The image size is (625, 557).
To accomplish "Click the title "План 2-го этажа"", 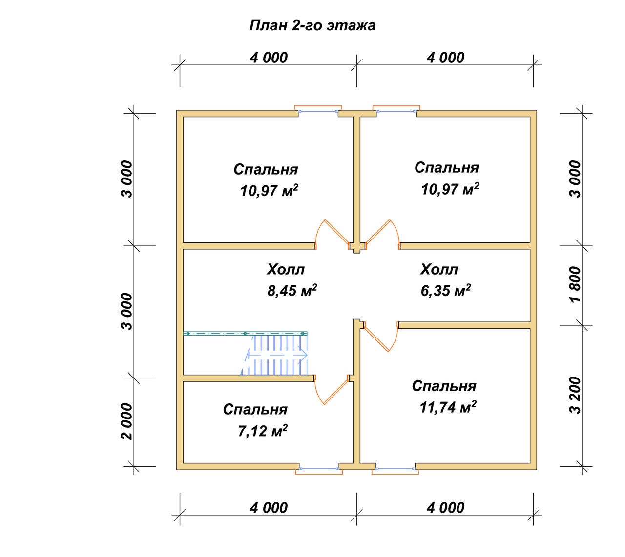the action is (312, 25).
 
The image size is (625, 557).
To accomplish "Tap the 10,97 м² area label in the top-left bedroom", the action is (269, 190).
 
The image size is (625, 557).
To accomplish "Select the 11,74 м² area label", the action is (448, 407).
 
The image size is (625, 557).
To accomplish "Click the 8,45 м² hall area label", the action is (292, 290).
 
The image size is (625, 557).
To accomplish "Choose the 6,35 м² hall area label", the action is (445, 290).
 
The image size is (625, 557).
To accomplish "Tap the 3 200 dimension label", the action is (575, 395).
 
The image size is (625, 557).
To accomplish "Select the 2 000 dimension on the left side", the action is (127, 421).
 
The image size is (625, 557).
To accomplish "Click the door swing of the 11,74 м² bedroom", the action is (381, 336).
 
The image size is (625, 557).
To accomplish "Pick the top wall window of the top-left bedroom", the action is (318, 111).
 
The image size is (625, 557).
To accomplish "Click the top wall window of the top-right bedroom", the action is (396, 111).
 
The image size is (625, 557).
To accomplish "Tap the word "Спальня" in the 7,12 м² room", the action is (255, 410).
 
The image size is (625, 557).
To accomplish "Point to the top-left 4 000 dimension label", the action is (269, 58).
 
